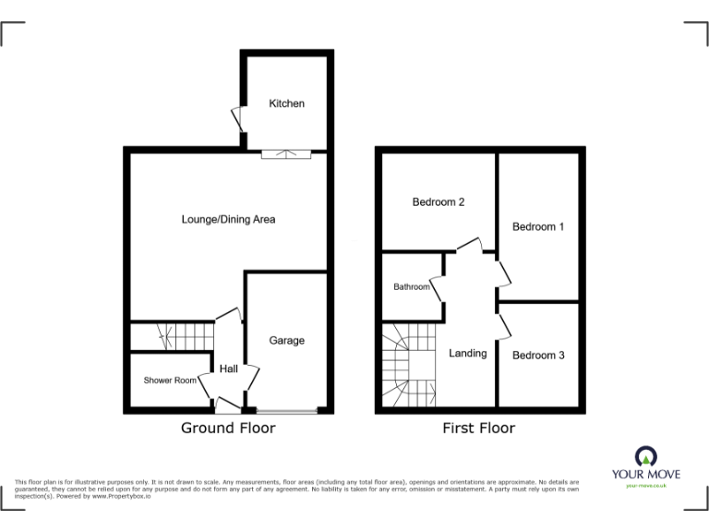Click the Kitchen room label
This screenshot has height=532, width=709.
pos(286,103)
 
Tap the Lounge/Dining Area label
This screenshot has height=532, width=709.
pos(228,220)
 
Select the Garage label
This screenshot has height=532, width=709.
pos(286,341)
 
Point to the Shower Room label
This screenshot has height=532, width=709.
pos(170,381)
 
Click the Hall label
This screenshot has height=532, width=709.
pos(229,369)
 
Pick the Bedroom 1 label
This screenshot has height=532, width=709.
pos(538,227)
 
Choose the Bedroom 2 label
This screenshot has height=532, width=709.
pos(439,202)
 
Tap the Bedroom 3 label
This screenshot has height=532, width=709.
pos(538,356)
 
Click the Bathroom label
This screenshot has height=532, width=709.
pos(412,287)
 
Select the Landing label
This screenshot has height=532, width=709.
pos(468,354)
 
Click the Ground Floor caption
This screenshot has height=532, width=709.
pos(228,428)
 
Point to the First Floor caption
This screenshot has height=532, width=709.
pos(479,428)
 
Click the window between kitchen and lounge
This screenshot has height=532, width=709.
pos(285,153)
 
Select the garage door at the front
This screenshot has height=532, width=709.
pos(287,409)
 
